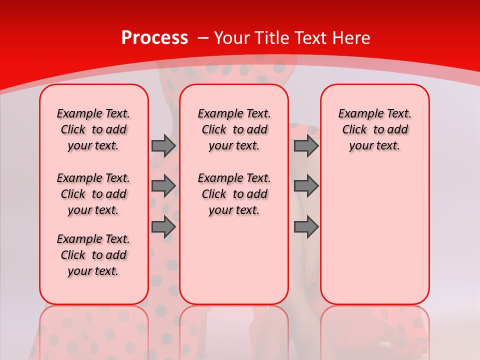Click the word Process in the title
(154, 38)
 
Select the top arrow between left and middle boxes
(163, 146)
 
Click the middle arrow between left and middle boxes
(163, 186)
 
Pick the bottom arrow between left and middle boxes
(163, 227)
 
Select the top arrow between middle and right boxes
(306, 146)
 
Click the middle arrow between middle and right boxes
(306, 186)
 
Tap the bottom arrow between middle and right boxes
(306, 227)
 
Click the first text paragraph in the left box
(93, 130)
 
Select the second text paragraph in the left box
(93, 194)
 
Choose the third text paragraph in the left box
(93, 255)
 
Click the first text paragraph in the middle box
(234, 130)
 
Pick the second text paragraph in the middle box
(234, 194)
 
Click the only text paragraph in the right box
(374, 130)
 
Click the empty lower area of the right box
(374, 235)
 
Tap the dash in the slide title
(203, 38)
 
